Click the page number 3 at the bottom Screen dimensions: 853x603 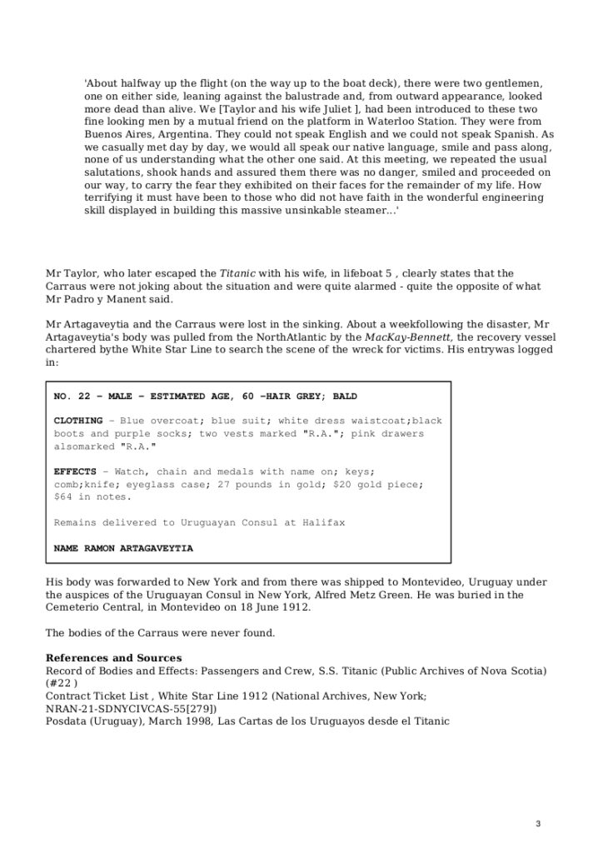[x=538, y=824]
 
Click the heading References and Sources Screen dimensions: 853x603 [x=113, y=658]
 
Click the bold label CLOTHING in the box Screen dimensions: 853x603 [x=78, y=421]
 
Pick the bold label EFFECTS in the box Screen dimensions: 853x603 [x=75, y=471]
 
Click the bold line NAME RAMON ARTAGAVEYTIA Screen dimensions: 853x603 [x=123, y=549]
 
